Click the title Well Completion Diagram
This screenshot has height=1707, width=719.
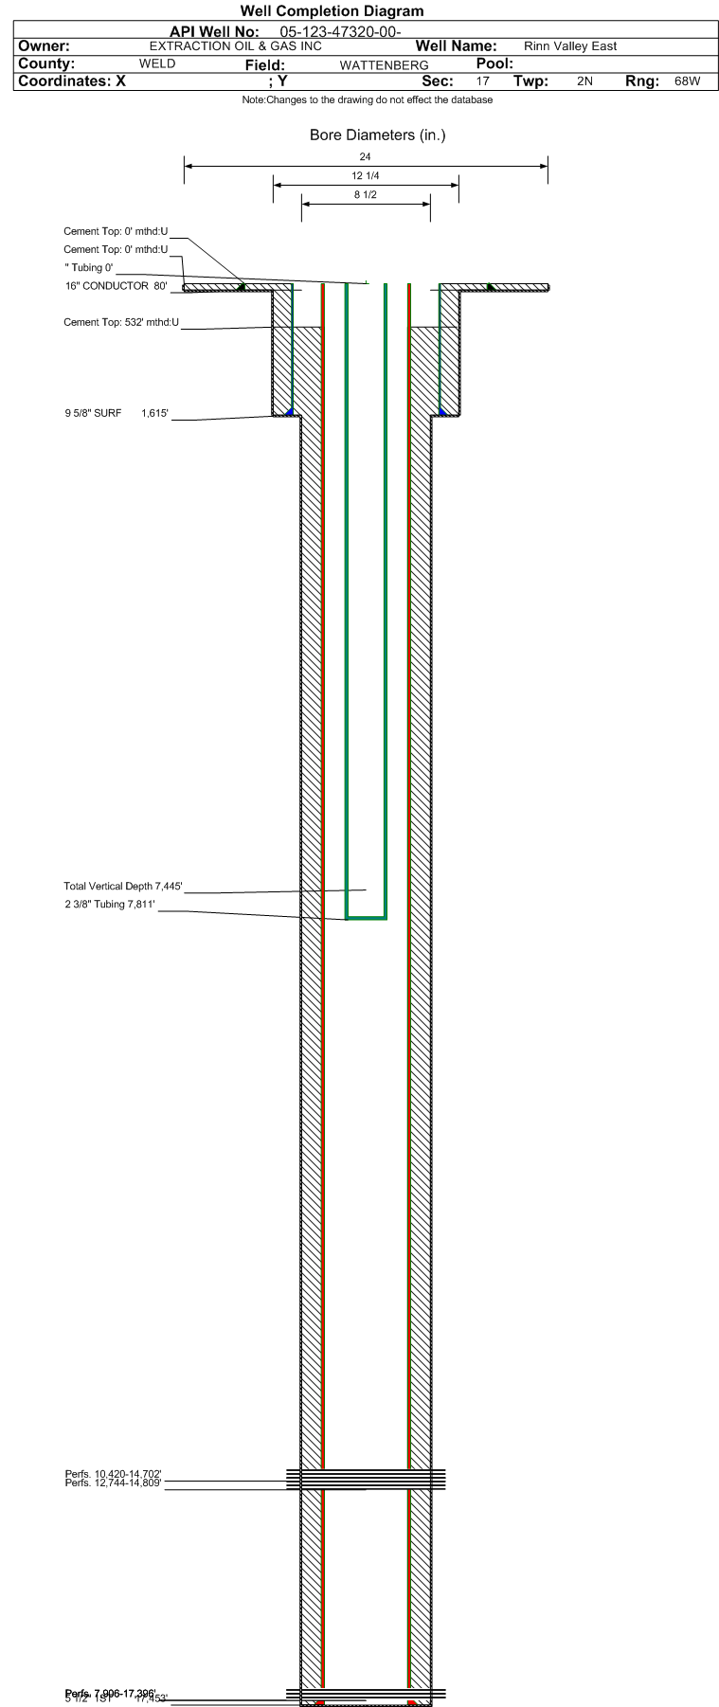pyautogui.click(x=332, y=11)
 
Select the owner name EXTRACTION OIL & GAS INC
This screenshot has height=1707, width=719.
pyautogui.click(x=236, y=46)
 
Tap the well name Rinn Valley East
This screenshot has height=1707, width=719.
pyautogui.click(x=570, y=46)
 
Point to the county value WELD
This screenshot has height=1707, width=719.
pyautogui.click(x=157, y=63)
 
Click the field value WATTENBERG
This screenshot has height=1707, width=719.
pyautogui.click(x=385, y=65)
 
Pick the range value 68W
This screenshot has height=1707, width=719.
pyautogui.click(x=688, y=81)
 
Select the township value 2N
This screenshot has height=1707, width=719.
pyautogui.click(x=584, y=81)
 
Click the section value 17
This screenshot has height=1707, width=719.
pyautogui.click(x=483, y=81)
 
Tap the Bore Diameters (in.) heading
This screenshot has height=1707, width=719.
pyautogui.click(x=377, y=135)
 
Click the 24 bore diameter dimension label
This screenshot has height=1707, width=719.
pyautogui.click(x=366, y=157)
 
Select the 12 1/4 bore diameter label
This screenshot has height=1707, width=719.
pyautogui.click(x=366, y=176)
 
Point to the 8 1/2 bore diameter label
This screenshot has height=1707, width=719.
pyautogui.click(x=366, y=195)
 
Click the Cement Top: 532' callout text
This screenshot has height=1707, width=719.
pyautogui.click(x=121, y=322)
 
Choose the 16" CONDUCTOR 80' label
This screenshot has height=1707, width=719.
pyautogui.click(x=117, y=286)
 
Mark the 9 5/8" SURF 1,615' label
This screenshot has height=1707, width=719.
pyautogui.click(x=117, y=413)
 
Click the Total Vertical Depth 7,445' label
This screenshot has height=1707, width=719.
pyautogui.click(x=123, y=887)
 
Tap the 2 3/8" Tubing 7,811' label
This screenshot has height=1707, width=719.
pyautogui.click(x=110, y=905)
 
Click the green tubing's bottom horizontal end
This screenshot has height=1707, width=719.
pyautogui.click(x=366, y=917)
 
